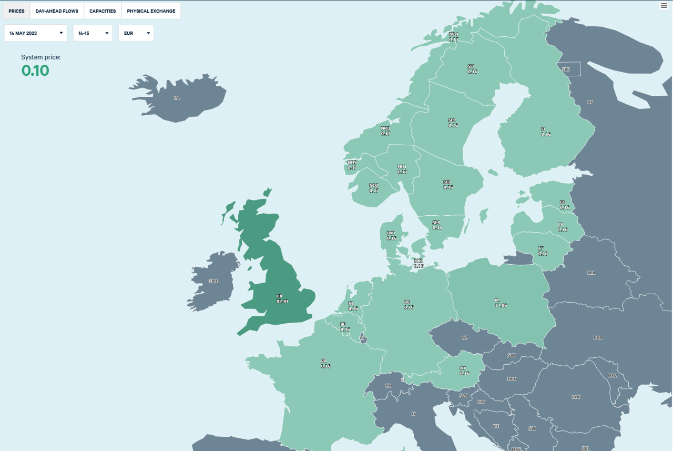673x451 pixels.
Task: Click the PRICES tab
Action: point(17,11)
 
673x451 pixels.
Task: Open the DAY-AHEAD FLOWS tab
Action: point(57,11)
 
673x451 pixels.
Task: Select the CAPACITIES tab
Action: point(103,11)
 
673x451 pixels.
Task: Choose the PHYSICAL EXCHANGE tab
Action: point(151,11)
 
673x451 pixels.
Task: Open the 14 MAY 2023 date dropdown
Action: point(35,33)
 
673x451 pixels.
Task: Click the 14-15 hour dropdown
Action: point(93,33)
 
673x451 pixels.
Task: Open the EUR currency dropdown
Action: point(136,33)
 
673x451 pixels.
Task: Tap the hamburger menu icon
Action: point(664,5)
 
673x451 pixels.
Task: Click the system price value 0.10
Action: point(35,71)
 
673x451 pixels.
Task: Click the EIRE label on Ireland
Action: point(213,281)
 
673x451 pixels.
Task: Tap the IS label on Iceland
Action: point(177,98)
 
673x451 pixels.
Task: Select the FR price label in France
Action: point(325,363)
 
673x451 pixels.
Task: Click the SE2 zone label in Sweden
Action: point(452,123)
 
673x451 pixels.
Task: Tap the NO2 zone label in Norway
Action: point(373,188)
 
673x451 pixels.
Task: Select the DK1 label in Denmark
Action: point(391,235)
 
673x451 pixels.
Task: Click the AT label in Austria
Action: point(464,370)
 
